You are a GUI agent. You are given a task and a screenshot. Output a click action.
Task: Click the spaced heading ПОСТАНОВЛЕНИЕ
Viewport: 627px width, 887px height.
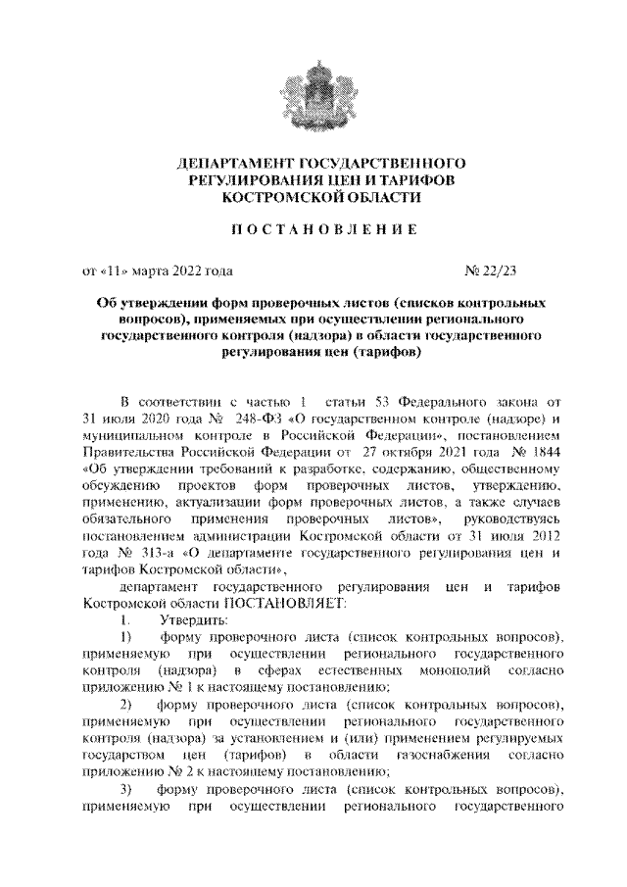[313, 229]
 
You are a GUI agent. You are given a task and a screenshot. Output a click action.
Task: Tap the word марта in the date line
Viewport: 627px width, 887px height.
[148, 268]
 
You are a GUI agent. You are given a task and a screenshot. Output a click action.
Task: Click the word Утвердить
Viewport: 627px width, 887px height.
[193, 620]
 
